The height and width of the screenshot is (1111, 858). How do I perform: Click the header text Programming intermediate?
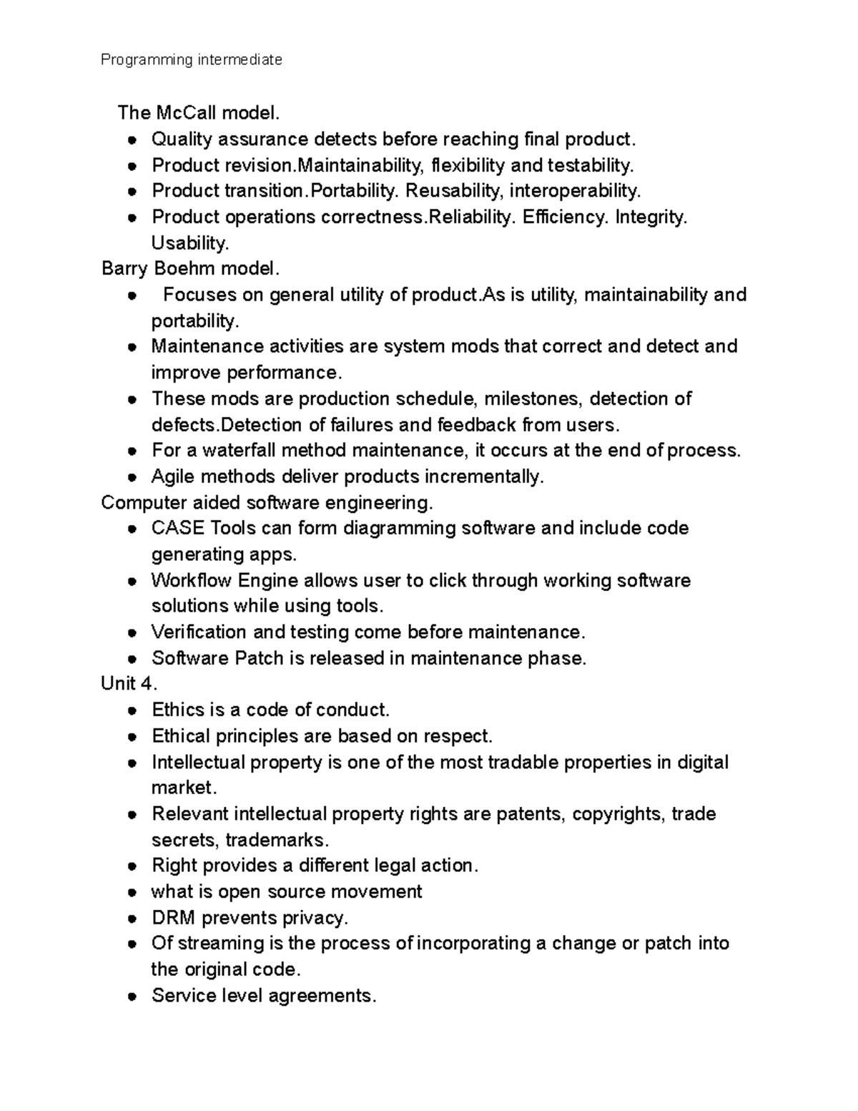coord(191,60)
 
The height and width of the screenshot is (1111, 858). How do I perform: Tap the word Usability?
coord(189,243)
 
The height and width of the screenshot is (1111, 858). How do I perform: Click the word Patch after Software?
coord(259,658)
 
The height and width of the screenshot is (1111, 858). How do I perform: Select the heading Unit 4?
coord(128,684)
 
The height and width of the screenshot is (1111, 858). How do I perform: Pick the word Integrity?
coord(650,217)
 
